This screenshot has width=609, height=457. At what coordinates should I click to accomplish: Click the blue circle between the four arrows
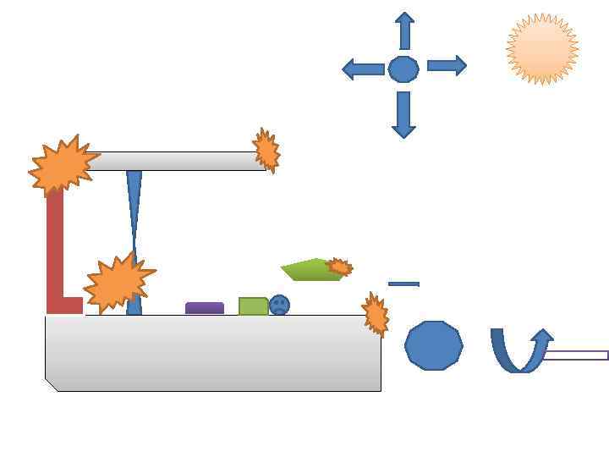click(403, 69)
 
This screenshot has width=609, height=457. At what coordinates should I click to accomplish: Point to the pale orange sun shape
click(542, 49)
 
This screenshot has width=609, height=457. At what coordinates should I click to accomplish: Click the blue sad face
click(279, 305)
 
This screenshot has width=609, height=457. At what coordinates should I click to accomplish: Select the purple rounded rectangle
click(205, 308)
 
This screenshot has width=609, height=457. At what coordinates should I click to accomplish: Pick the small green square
click(253, 306)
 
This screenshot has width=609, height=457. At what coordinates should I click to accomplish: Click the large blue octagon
click(434, 345)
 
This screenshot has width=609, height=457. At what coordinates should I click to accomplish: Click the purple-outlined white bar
click(575, 355)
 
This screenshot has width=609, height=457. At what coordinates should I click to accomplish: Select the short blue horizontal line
click(403, 284)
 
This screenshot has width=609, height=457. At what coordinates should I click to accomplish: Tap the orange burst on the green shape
click(339, 267)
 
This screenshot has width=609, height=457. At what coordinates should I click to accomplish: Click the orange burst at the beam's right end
click(266, 151)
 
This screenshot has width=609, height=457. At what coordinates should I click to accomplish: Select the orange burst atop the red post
click(63, 165)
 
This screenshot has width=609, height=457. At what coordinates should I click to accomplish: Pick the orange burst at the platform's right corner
click(375, 314)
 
